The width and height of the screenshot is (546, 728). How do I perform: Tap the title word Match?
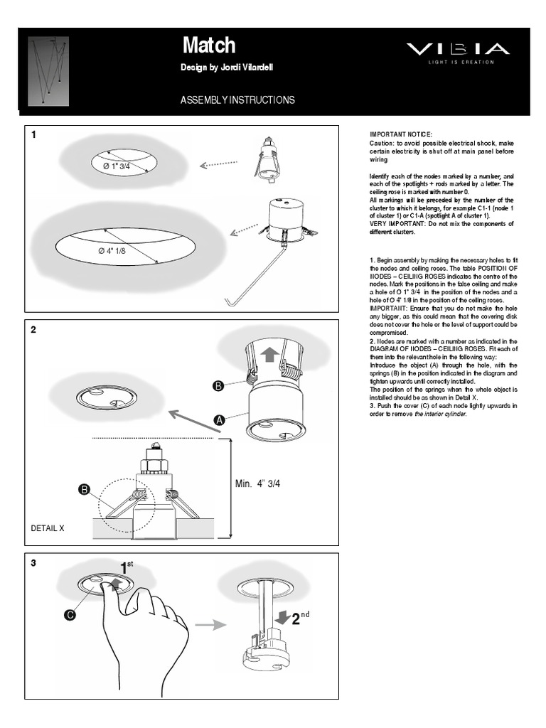point(209,45)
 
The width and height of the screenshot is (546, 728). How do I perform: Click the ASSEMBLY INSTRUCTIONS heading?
point(237,100)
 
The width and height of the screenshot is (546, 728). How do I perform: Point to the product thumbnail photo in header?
point(48,70)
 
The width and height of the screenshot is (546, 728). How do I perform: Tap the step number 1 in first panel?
point(33,135)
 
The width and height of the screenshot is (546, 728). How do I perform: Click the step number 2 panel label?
point(33,331)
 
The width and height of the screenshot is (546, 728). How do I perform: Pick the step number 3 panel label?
point(33,563)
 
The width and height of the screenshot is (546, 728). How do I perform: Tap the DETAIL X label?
point(48,529)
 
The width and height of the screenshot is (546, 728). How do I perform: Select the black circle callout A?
point(220,421)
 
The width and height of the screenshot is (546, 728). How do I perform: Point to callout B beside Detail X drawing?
point(85,489)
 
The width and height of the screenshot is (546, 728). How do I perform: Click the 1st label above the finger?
point(127,567)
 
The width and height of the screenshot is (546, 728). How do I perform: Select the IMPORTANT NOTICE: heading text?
point(400,134)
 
